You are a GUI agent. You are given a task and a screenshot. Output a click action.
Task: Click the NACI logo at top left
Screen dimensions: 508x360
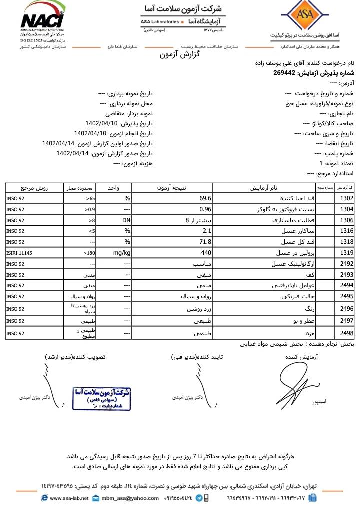coord(42,20)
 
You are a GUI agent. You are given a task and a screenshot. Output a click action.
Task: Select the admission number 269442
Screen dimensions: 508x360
coord(284,73)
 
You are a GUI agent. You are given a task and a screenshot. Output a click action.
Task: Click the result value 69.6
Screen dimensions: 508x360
coord(206,198)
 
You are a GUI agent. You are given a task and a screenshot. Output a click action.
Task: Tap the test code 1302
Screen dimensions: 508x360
coord(347,198)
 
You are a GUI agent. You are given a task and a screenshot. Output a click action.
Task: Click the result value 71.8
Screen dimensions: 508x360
coord(206,242)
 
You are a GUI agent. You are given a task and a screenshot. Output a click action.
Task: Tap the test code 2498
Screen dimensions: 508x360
coord(347,332)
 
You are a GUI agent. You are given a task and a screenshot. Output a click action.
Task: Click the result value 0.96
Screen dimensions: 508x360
coord(206,209)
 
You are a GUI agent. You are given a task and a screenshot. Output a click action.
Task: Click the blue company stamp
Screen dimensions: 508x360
coord(102,398)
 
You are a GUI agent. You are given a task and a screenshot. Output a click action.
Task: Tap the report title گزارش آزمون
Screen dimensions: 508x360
coord(179,54)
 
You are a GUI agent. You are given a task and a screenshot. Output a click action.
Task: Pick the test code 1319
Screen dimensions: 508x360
coord(347,253)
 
